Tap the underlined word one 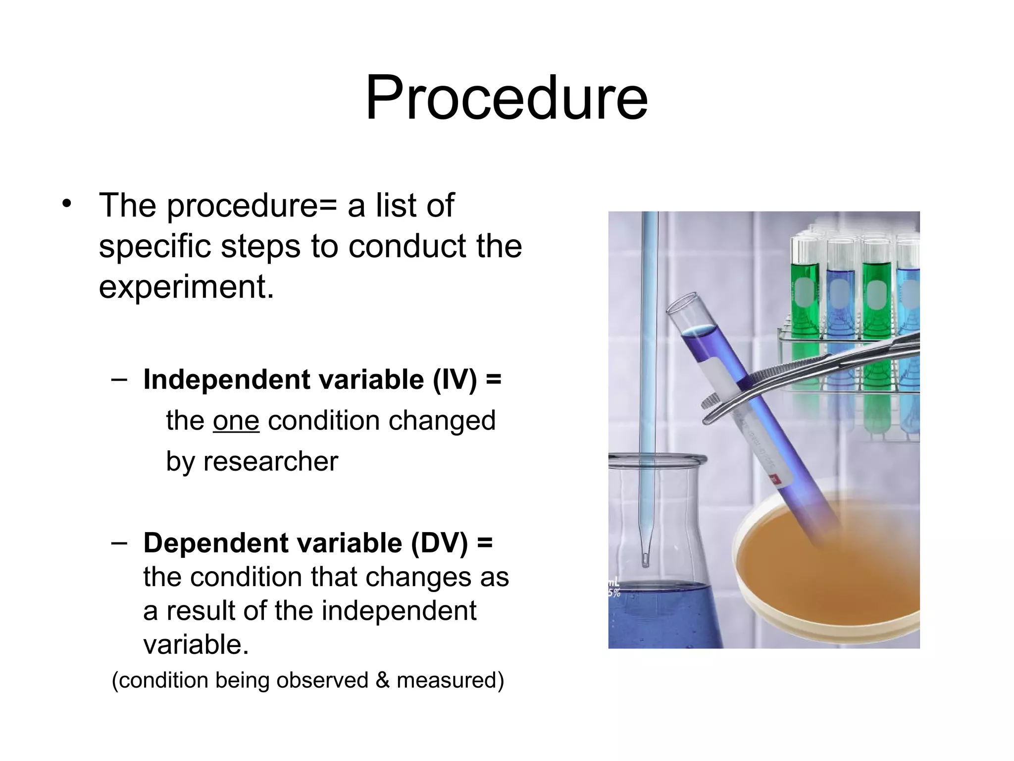tap(236, 421)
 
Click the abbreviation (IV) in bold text tap(455, 380)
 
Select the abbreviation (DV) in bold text tap(439, 543)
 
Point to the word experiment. tap(186, 287)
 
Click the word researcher tap(271, 462)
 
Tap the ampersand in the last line tap(382, 680)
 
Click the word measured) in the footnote tap(450, 680)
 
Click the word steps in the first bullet tap(260, 246)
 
